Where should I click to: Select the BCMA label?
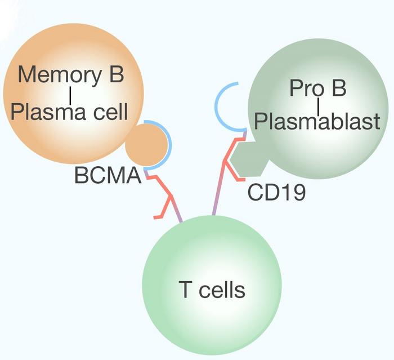106,177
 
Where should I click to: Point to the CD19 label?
276,193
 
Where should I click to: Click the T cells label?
212,291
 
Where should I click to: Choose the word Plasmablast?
317,122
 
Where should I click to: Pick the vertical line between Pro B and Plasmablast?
319,105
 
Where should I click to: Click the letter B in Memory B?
117,75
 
